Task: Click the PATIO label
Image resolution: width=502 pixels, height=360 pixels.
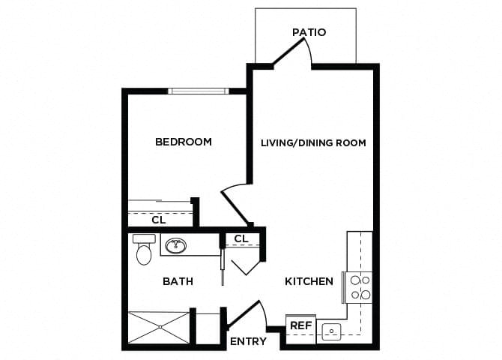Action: point(309,32)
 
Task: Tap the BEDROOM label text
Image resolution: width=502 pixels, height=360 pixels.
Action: point(183,142)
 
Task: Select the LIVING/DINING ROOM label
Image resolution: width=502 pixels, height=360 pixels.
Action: point(313,142)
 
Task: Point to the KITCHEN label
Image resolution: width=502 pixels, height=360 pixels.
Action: point(309,282)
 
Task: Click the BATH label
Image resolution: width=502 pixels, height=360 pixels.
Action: point(178,282)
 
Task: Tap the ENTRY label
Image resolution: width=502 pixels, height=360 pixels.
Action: point(248,342)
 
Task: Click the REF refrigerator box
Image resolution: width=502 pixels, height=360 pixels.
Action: point(300,326)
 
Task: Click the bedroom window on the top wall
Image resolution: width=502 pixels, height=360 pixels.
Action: point(198,91)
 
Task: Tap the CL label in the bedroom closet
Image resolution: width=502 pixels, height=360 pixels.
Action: point(158,220)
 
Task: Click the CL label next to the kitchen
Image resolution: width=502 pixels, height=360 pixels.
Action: point(241,238)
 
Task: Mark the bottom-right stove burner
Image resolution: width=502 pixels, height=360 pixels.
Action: point(366,295)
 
